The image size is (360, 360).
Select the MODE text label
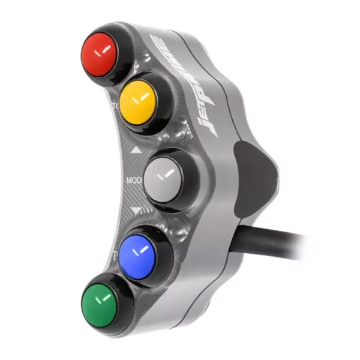133,179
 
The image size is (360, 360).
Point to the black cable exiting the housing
282,240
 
